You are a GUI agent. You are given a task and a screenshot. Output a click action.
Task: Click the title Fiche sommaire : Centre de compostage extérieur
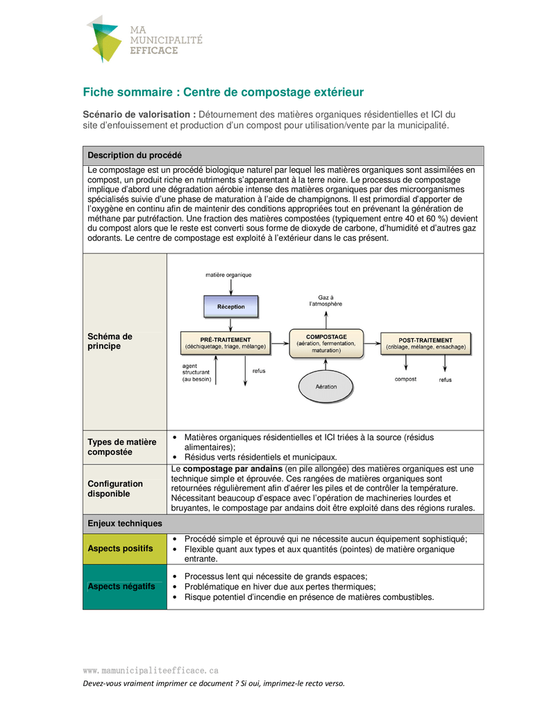click(223, 92)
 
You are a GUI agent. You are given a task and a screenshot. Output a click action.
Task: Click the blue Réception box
click(230, 306)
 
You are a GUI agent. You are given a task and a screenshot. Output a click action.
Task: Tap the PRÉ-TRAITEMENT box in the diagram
click(225, 342)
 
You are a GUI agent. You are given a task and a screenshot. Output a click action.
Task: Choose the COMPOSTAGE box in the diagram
click(326, 344)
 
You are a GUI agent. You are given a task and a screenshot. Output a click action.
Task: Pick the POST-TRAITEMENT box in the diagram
click(425, 343)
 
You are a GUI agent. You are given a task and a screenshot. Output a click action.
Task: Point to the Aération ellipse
click(326, 386)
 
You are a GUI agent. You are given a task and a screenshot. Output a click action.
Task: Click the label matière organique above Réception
click(228, 275)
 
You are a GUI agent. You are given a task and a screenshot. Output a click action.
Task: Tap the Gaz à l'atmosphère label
click(325, 300)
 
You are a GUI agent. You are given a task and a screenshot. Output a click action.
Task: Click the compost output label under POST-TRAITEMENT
click(405, 379)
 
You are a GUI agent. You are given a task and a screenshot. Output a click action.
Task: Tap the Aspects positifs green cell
click(125, 549)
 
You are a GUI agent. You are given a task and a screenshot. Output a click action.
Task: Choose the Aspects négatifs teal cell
click(125, 586)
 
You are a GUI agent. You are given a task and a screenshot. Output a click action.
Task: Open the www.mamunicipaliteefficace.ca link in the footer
click(151, 670)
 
